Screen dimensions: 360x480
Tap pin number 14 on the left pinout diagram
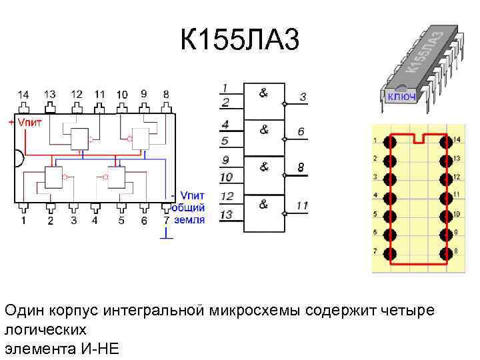pyautogui.click(x=23, y=95)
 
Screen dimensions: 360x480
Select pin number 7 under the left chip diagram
pyautogui.click(x=167, y=220)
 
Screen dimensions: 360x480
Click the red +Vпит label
pyautogui.click(x=26, y=122)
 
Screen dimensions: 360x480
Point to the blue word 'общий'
pyautogui.click(x=189, y=207)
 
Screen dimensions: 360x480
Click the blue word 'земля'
pyautogui.click(x=189, y=219)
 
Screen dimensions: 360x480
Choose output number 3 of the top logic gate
pyautogui.click(x=303, y=97)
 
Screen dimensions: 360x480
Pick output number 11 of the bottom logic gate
pyautogui.click(x=302, y=206)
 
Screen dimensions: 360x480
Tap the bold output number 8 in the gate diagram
pyautogui.click(x=301, y=168)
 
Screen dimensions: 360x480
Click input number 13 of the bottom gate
pyautogui.click(x=227, y=215)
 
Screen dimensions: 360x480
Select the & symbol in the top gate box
pyautogui.click(x=264, y=93)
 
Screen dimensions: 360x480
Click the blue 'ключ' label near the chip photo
pyautogui.click(x=403, y=97)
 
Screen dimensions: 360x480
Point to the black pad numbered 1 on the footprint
pyautogui.click(x=391, y=141)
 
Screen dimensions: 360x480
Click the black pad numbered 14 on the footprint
pyautogui.click(x=445, y=141)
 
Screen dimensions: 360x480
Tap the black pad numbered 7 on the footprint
pyautogui.click(x=391, y=253)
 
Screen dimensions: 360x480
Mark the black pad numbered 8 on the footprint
pyautogui.click(x=445, y=253)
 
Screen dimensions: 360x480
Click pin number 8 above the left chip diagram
pyautogui.click(x=165, y=95)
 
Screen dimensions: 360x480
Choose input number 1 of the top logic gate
pyautogui.click(x=226, y=87)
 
